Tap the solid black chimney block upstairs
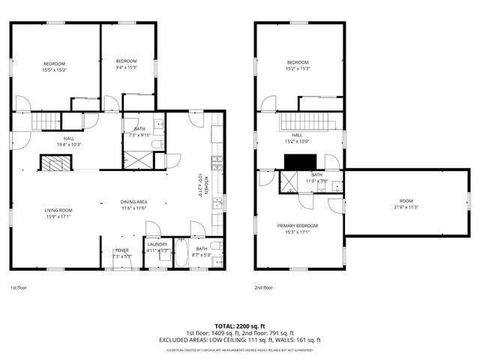coord(301,162)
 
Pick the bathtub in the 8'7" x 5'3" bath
coord(183,253)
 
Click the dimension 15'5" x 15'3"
coord(54,70)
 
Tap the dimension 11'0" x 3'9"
coord(316,181)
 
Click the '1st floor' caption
coord(19,287)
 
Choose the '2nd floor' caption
coord(264,287)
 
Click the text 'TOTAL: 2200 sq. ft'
coord(240,326)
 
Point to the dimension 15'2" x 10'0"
coord(297,141)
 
